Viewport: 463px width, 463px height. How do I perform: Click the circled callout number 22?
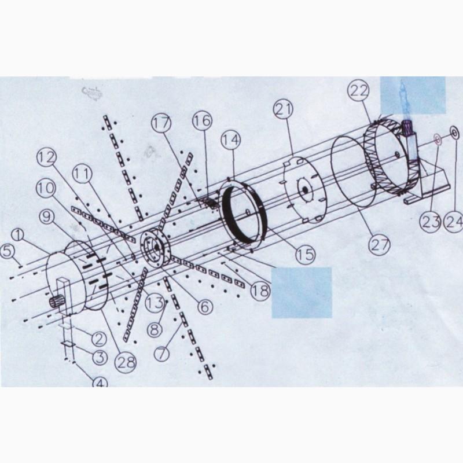359,91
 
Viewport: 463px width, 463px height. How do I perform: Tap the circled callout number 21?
284,109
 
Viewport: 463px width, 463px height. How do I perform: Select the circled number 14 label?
231,139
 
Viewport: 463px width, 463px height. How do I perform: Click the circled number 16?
203,121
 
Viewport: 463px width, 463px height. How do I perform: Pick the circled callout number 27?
380,245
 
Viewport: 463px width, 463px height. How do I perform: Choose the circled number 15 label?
306,254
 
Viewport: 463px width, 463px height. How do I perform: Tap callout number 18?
260,291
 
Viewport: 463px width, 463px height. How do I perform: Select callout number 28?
126,362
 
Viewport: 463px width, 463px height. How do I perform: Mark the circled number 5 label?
8,252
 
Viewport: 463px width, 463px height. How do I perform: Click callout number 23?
431,222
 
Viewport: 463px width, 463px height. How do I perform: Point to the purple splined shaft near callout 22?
409,128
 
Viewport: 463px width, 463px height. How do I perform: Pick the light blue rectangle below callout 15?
302,292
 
